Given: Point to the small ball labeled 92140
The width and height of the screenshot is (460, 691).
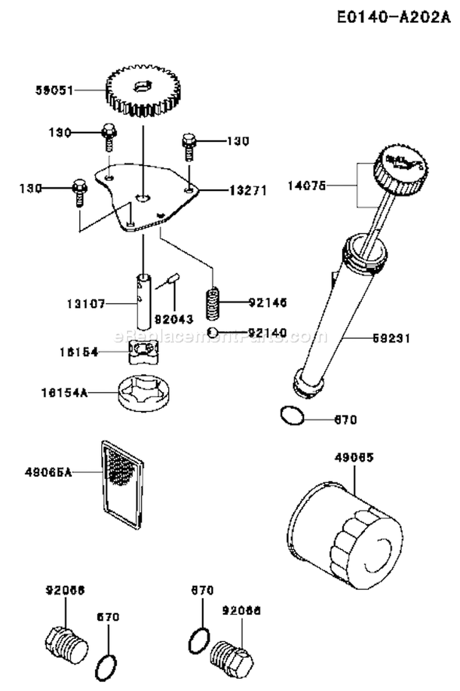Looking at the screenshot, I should coord(211,333).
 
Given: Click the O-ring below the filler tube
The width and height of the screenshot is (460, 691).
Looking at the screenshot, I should coord(291,415).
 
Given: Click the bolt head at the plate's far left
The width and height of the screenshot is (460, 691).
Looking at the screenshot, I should coord(80,186).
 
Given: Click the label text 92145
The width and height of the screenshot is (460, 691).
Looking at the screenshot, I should coord(268,303).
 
